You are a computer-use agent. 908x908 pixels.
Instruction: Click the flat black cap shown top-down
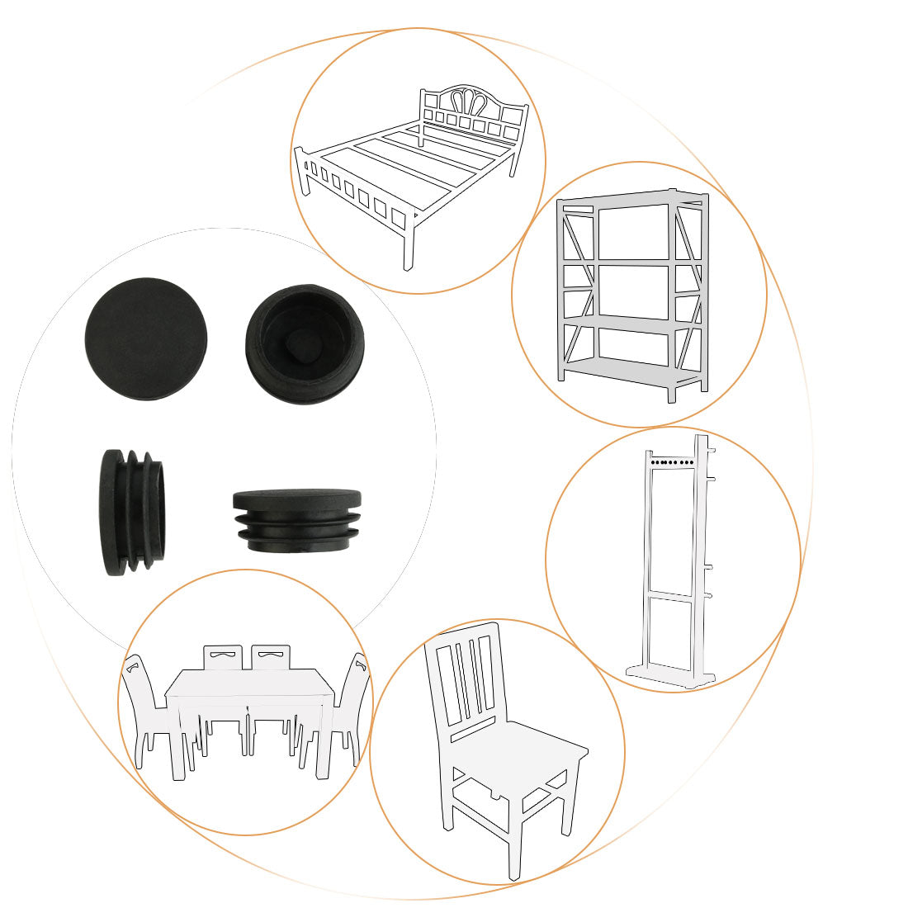pyautogui.click(x=146, y=338)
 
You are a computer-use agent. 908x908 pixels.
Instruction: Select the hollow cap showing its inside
pyautogui.click(x=306, y=344)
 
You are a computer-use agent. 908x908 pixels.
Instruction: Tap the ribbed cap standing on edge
pyautogui.click(x=132, y=512)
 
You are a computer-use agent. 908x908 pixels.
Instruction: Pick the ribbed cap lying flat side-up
pyautogui.click(x=297, y=520)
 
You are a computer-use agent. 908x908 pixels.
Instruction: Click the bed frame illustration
pyautogui.click(x=413, y=165)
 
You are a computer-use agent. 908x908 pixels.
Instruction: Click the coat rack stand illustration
pyautogui.click(x=673, y=561)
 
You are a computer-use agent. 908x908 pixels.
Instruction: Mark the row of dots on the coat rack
pyautogui.click(x=670, y=463)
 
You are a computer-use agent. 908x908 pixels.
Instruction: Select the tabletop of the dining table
pyautogui.click(x=248, y=684)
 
